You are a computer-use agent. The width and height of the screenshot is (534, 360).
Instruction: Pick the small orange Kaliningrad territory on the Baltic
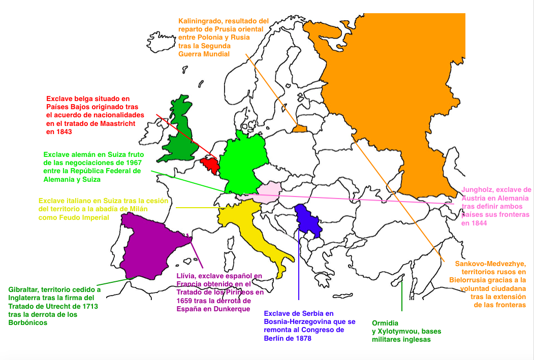coord(300,128)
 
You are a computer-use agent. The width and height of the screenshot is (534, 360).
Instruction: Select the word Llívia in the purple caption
coord(186,276)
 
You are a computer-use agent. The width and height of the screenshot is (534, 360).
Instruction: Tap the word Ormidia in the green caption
coord(385,323)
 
